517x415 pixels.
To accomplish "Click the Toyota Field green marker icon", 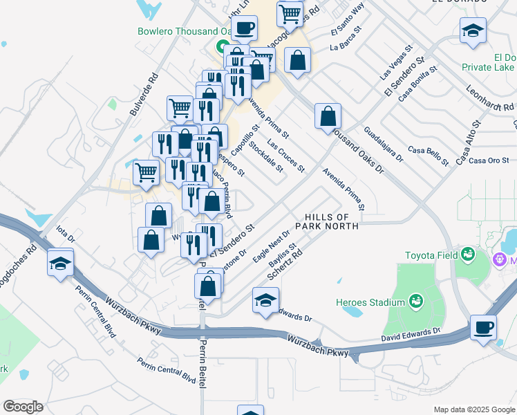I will (x=468, y=255).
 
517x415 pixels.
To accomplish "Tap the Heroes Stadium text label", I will (x=370, y=302).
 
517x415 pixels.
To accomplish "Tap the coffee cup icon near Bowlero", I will (x=243, y=28).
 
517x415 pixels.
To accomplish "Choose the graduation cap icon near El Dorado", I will (x=473, y=30).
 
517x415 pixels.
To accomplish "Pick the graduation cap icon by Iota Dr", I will (x=60, y=263).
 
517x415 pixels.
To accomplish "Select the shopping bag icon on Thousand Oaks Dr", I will (x=328, y=116).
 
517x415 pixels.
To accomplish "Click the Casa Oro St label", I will (x=489, y=160).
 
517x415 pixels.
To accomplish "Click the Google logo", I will (x=23, y=407).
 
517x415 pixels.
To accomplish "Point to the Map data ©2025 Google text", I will (x=473, y=409).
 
